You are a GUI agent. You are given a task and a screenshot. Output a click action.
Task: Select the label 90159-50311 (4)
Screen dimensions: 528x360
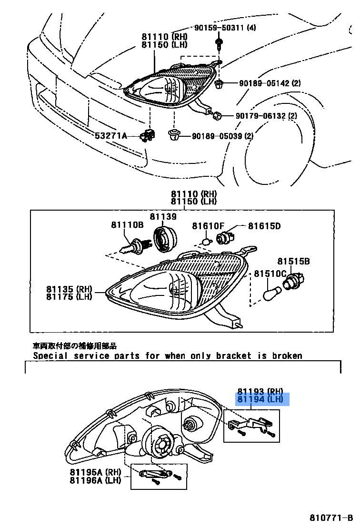(225, 28)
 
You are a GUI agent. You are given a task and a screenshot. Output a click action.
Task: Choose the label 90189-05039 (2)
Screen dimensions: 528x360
(222, 136)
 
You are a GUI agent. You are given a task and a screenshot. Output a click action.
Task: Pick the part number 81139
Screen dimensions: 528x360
(163, 216)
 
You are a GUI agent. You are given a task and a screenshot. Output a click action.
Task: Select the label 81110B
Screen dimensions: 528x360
(127, 226)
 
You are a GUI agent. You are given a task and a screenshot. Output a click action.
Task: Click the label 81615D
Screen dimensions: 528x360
(264, 226)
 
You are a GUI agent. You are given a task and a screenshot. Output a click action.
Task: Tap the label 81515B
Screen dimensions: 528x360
(294, 261)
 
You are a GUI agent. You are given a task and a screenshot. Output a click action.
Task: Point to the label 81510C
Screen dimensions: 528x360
(270, 274)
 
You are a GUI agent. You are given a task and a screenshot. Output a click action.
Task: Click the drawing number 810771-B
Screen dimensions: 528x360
(331, 518)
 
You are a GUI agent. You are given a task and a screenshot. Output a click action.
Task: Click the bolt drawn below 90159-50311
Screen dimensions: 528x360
(219, 45)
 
